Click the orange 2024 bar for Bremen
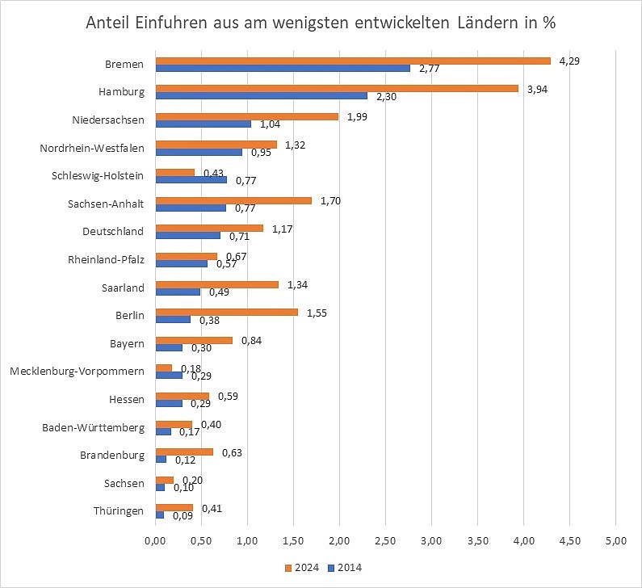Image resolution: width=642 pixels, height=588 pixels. (352, 61)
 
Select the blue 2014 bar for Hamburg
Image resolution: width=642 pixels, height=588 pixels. (261, 96)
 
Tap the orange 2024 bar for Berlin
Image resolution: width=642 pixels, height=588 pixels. (226, 312)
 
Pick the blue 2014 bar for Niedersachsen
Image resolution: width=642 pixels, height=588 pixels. (203, 124)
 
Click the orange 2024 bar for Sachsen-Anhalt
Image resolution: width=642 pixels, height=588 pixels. (233, 200)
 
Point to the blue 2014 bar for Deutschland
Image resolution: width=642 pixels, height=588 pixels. (187, 236)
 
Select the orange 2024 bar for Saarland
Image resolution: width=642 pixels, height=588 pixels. (216, 284)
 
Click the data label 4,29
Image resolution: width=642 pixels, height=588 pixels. (571, 61)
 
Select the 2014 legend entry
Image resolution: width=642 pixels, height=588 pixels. (346, 568)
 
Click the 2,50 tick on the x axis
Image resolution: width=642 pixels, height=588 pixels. (385, 539)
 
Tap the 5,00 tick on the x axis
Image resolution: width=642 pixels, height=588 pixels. (615, 539)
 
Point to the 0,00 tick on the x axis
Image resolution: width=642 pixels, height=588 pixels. (155, 539)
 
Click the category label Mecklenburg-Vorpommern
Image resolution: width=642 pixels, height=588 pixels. (77, 372)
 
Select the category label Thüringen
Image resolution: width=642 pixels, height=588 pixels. (120, 511)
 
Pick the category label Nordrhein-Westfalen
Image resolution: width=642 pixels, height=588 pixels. (91, 148)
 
